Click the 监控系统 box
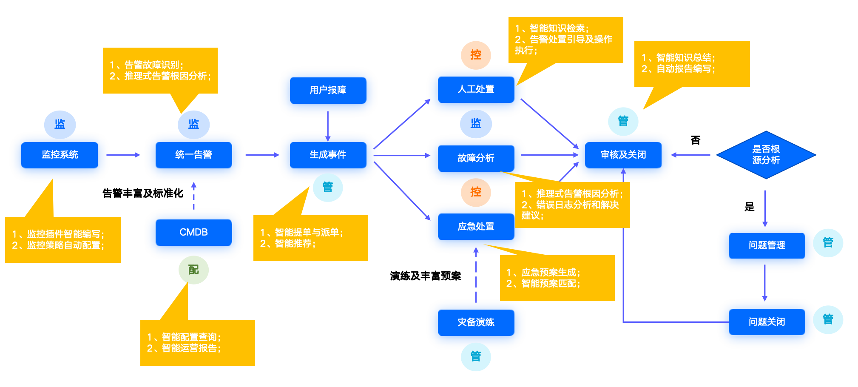[60, 155]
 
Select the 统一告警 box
[194, 155]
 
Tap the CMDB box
[194, 232]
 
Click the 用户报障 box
[328, 90]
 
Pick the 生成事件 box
[328, 155]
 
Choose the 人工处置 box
[476, 89]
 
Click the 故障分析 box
[476, 158]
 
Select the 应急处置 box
[476, 226]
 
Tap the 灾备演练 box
[476, 322]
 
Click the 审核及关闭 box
[623, 155]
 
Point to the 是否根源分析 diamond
[766, 155]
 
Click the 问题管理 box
[767, 245]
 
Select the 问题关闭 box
[767, 322]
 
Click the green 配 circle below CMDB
[193, 270]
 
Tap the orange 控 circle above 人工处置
[476, 55]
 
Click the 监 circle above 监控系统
[60, 124]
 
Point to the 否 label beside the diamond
[696, 140]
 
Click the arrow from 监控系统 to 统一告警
[123, 155]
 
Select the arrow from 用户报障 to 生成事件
[328, 126]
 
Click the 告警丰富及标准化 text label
[143, 193]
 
